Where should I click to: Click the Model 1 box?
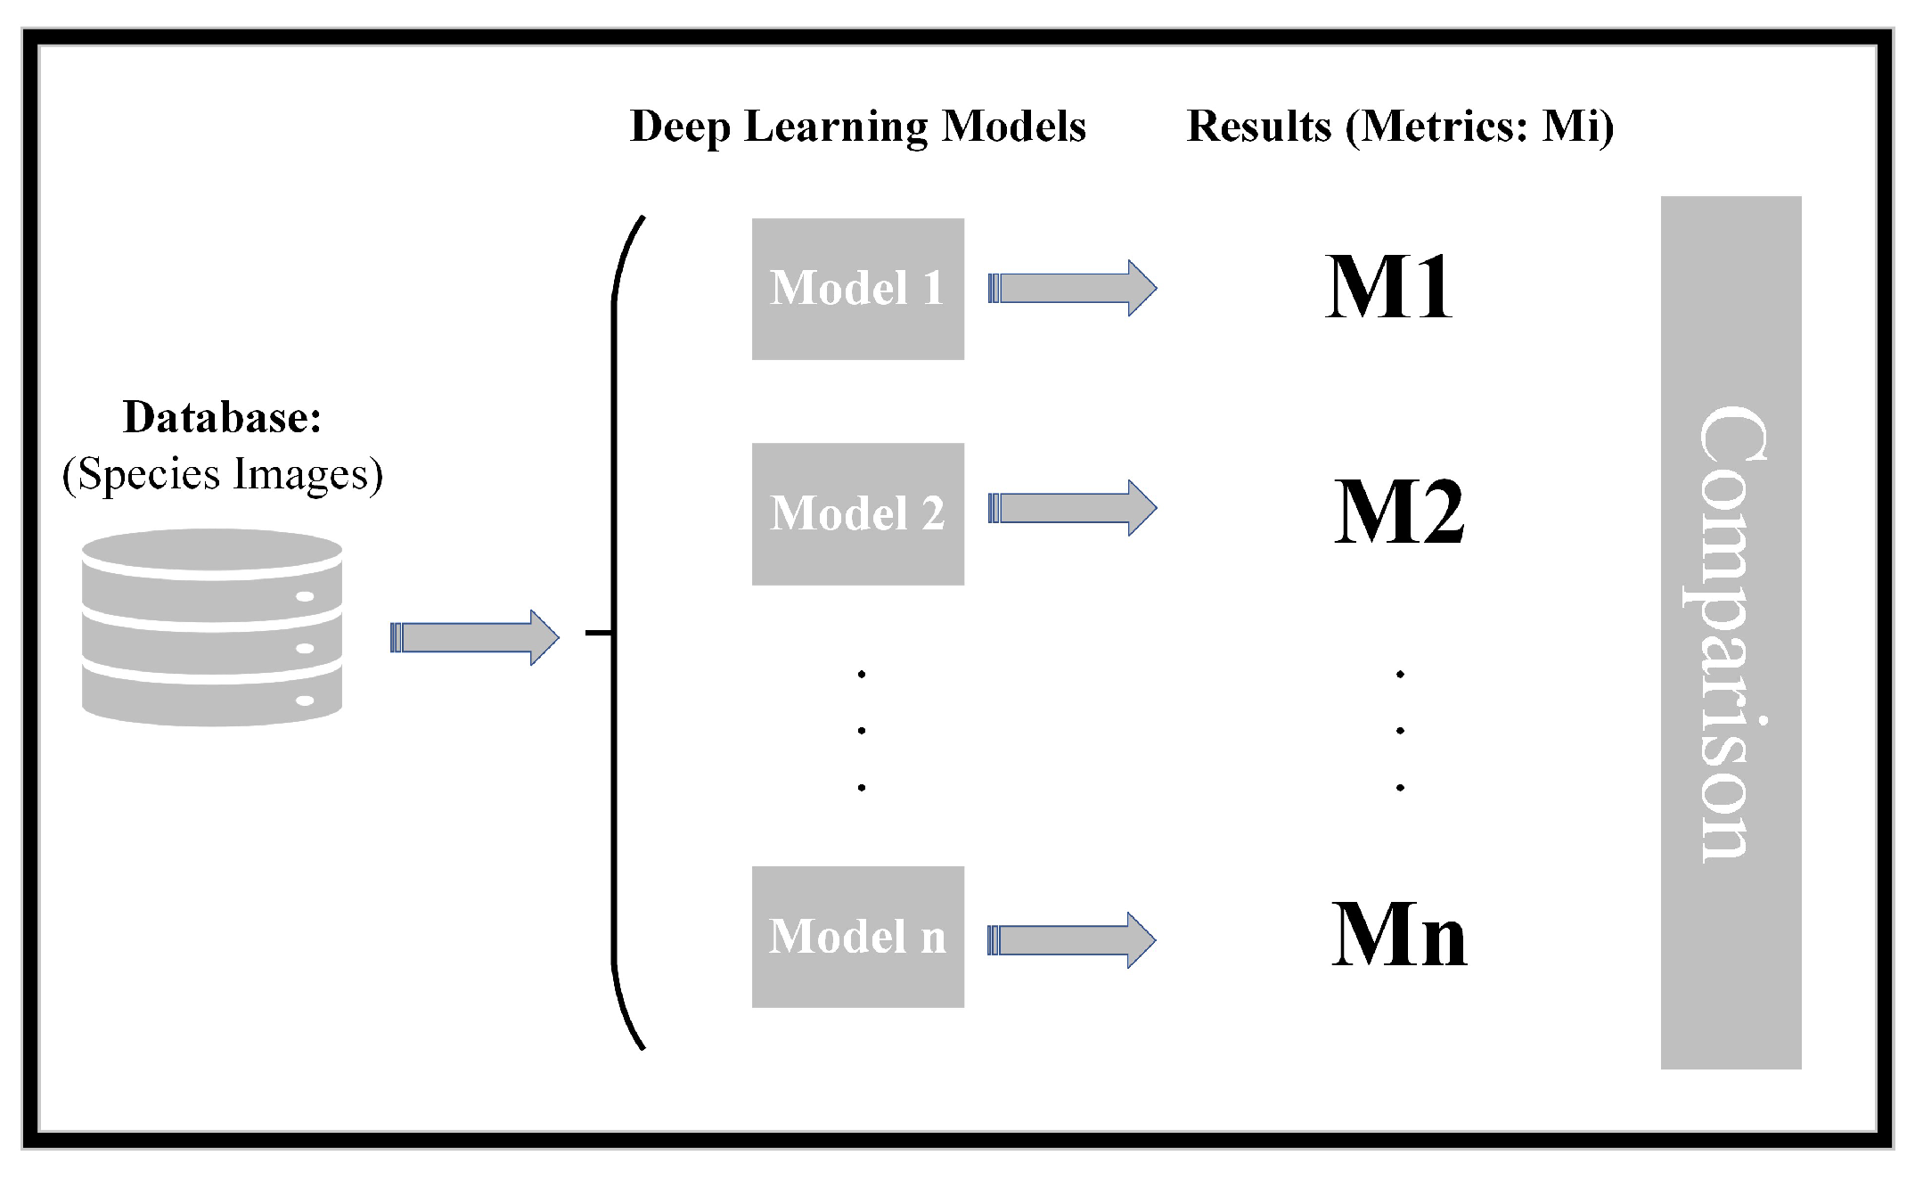coord(857,289)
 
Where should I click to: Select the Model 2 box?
coord(857,513)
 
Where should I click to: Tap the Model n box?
coord(857,937)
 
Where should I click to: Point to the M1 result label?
coord(1388,287)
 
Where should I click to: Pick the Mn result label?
coord(1398,935)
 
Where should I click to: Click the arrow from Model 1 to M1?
coord(1072,288)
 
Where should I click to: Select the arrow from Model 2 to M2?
coord(1072,508)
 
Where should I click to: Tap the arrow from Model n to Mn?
coord(1071,940)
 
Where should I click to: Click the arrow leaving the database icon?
coord(474,637)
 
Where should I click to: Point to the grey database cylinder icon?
coord(212,627)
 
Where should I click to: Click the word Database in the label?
coord(221,417)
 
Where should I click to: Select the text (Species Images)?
coord(223,474)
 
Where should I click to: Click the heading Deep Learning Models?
coord(857,127)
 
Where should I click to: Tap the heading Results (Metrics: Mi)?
coord(1400,127)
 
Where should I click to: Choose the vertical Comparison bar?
coord(1731,632)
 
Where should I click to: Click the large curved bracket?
coord(615,632)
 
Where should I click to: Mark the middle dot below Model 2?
coord(862,731)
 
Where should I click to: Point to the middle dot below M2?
coord(1400,731)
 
